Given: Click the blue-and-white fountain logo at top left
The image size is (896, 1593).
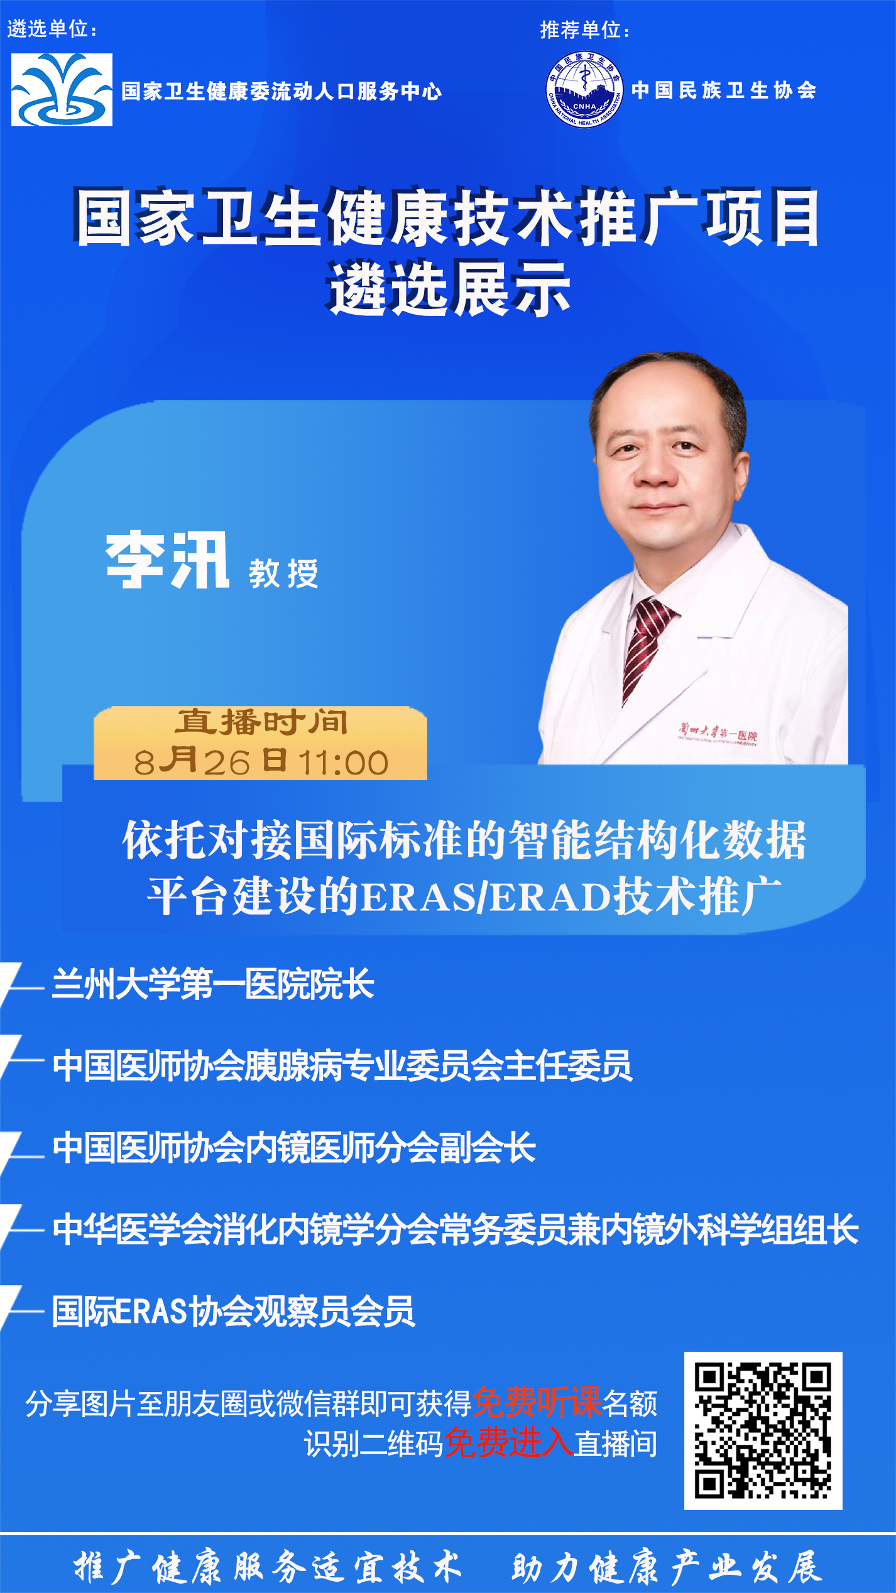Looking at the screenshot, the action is [x=62, y=90].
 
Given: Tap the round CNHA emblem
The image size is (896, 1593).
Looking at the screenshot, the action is [x=584, y=90].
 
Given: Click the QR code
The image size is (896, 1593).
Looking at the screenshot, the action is [x=763, y=1430].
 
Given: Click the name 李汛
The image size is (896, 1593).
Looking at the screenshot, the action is [x=167, y=560].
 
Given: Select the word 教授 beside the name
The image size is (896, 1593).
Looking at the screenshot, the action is [x=283, y=574].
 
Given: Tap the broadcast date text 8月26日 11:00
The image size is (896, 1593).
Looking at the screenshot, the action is [x=261, y=761].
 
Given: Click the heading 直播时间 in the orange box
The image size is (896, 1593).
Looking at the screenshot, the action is [x=261, y=722].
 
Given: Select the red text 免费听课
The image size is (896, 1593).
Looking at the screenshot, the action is [x=537, y=1401].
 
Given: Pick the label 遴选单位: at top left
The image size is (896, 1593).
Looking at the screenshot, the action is [x=52, y=29].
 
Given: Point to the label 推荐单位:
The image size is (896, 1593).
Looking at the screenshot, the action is [x=585, y=30].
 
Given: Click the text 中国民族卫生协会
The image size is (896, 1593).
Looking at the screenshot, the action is [x=724, y=90].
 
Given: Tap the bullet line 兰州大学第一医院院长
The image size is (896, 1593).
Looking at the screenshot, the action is [x=213, y=984].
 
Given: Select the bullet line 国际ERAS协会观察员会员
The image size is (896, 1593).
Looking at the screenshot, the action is [x=233, y=1311].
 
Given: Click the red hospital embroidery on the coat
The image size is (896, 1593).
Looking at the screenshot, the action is [x=718, y=733].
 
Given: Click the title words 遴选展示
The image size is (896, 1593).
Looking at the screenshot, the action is [x=450, y=289].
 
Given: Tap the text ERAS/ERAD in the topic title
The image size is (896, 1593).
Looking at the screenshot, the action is [x=488, y=897].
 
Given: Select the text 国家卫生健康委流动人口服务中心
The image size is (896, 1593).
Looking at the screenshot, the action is [x=281, y=91].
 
